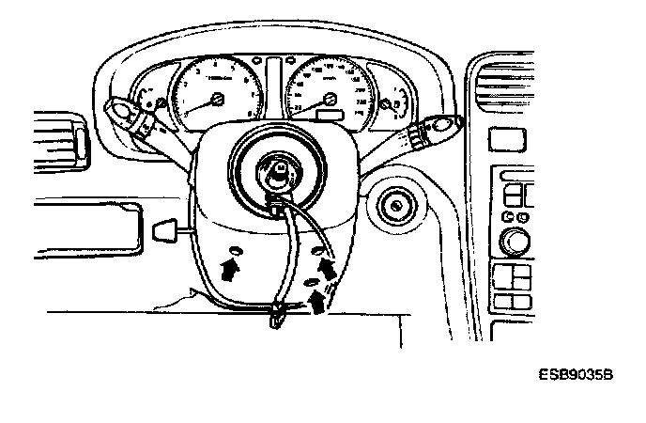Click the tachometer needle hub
[x=217, y=98]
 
